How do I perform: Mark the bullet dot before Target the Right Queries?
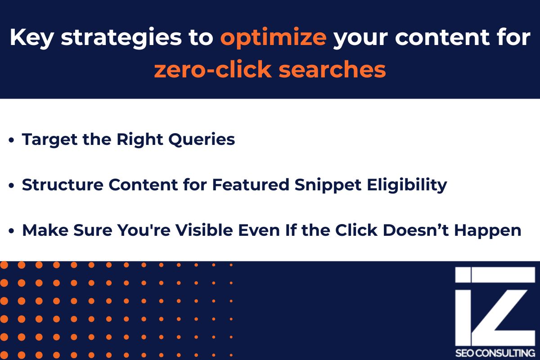point(12,140)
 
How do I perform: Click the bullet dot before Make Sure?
point(12,231)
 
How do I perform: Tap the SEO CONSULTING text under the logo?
point(495,352)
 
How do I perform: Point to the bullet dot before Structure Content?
point(12,186)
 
